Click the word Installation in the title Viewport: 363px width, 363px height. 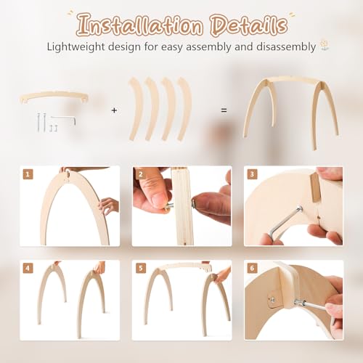click(139, 25)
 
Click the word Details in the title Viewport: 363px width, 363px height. click(249, 25)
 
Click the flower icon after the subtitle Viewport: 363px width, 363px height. click(324, 46)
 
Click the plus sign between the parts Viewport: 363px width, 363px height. click(114, 110)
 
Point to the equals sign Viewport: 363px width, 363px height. click(224, 110)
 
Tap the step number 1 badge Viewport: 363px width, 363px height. click(28, 174)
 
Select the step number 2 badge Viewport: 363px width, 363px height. click(141, 174)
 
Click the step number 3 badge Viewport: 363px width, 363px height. click(252, 174)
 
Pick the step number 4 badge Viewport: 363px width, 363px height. click(28, 268)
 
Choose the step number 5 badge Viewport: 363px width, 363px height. click(141, 268)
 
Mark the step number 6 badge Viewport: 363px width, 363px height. click(252, 268)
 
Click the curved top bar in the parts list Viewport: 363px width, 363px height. click(54, 95)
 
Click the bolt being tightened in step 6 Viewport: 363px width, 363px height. click(299, 302)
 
